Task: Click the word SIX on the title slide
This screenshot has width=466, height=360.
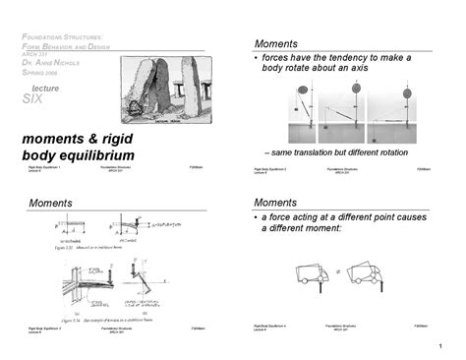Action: click(x=33, y=99)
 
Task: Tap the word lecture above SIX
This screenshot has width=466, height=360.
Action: click(x=45, y=88)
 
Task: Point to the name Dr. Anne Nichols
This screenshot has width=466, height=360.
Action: click(x=48, y=63)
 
